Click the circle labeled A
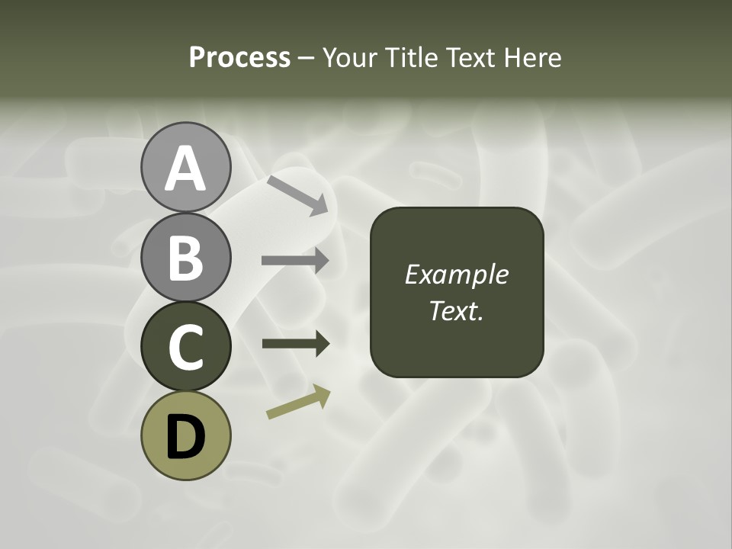point(185,168)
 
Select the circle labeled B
point(185,257)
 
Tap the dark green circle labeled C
point(185,346)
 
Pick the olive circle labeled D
point(185,435)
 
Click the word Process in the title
point(239,57)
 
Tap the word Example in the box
point(456,274)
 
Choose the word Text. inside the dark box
point(456,310)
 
